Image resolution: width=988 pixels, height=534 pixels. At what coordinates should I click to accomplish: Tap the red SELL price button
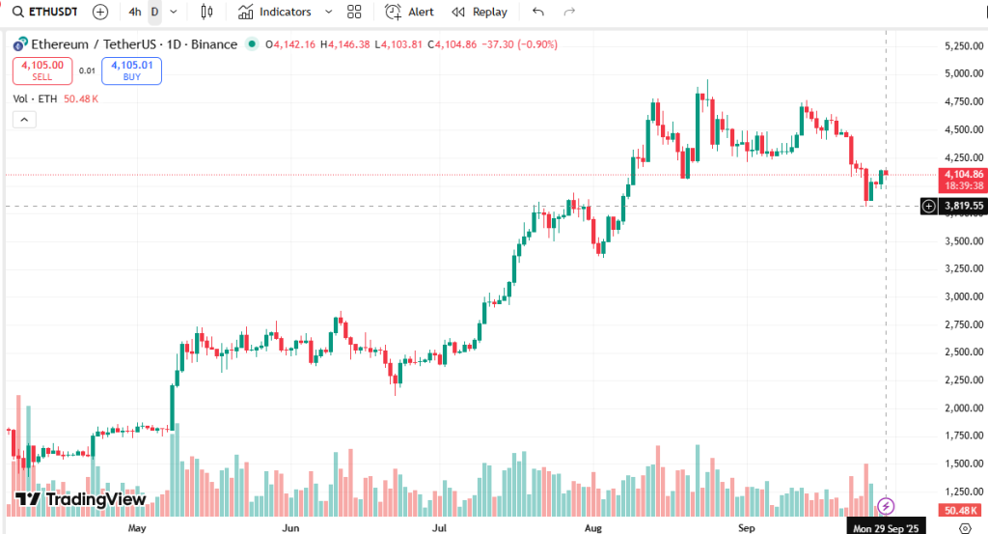(x=41, y=70)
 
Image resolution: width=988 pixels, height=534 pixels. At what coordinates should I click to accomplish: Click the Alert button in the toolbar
(x=410, y=13)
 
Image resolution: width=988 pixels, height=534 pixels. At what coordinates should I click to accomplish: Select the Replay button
(x=480, y=13)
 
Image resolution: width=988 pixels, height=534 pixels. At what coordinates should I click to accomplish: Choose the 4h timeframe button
(x=134, y=13)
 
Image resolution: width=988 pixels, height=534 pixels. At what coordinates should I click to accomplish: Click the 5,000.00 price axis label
(x=962, y=73)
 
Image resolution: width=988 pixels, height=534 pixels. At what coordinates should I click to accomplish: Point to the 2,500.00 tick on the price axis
(x=962, y=352)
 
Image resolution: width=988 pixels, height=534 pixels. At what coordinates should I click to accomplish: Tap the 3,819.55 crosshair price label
(x=963, y=206)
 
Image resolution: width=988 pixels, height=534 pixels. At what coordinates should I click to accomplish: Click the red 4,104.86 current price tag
(x=963, y=175)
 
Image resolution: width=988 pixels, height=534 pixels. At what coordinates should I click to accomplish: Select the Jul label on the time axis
(x=440, y=528)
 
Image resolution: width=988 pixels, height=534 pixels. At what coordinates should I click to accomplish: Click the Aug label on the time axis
(x=593, y=528)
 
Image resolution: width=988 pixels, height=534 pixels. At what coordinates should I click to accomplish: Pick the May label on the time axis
(x=136, y=528)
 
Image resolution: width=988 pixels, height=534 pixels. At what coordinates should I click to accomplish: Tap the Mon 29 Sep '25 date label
(x=885, y=528)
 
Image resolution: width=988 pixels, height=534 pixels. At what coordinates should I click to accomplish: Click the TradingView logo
(x=81, y=499)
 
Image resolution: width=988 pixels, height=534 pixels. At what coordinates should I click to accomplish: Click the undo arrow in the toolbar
(x=538, y=13)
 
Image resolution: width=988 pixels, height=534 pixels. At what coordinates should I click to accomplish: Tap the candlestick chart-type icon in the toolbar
(x=206, y=13)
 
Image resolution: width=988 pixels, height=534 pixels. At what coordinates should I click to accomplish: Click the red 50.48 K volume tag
(x=962, y=510)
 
